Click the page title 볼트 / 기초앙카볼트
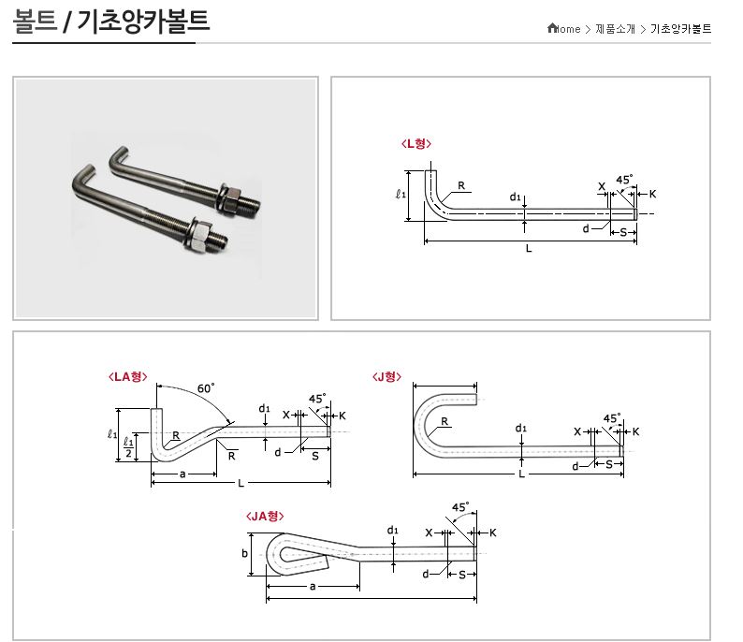coord(111,21)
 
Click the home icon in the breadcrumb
coord(553,28)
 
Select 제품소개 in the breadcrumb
coord(615,29)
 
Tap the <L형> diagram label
coord(415,143)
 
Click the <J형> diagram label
coord(386,376)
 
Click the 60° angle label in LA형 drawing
coord(206,388)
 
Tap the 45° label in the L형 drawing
coord(624,178)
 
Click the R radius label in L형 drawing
coord(461,185)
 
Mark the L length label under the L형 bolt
coord(529,249)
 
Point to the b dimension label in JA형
coord(245,553)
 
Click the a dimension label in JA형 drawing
coord(312,587)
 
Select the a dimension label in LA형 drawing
coord(182,474)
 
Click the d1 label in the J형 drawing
coord(522,430)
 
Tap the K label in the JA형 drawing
coord(492,533)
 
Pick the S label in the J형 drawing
coord(608,464)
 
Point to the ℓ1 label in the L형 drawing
coord(401,195)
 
